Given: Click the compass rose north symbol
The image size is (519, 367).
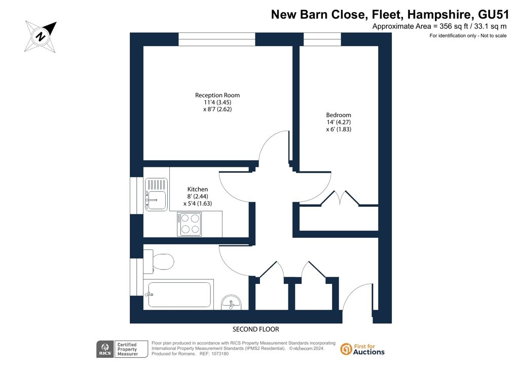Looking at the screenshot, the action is pyautogui.click(x=41, y=36).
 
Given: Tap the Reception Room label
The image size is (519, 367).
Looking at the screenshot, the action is pyautogui.click(x=217, y=95).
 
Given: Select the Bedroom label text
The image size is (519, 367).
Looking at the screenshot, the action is pyautogui.click(x=338, y=115).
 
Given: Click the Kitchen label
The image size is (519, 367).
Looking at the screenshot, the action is pyautogui.click(x=198, y=189).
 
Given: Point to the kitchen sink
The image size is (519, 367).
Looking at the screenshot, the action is pyautogui.click(x=156, y=195).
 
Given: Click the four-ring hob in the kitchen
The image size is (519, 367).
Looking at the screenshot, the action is pyautogui.click(x=190, y=224).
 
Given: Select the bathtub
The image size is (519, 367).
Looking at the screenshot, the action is pyautogui.click(x=179, y=295).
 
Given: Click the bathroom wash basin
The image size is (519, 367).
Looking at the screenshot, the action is pyautogui.click(x=231, y=303).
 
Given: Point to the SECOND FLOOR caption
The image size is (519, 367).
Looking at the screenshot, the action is pyautogui.click(x=256, y=329).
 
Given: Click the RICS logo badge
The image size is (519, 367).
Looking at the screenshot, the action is pyautogui.click(x=105, y=349).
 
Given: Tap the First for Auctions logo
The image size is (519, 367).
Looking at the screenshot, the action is pyautogui.click(x=362, y=349).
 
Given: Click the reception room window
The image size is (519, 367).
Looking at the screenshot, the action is pyautogui.click(x=217, y=39).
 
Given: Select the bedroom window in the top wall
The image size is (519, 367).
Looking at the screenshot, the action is pyautogui.click(x=322, y=39).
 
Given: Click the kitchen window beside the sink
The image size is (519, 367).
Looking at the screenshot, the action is pyautogui.click(x=136, y=196).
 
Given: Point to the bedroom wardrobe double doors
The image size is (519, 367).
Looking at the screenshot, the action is pyautogui.click(x=340, y=198).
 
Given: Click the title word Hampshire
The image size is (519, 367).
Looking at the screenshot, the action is pyautogui.click(x=438, y=15).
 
